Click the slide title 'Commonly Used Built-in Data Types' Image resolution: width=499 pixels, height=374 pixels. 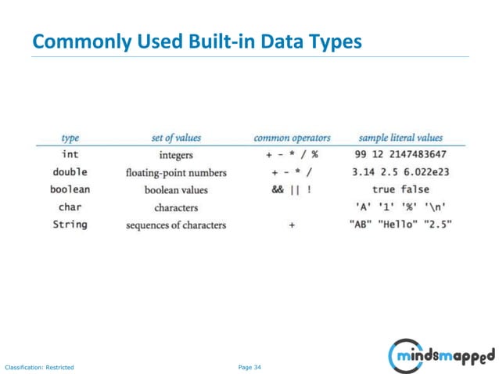[x=197, y=41]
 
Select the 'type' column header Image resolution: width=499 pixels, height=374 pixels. [x=70, y=138]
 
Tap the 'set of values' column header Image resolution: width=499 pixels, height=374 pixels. [x=176, y=138]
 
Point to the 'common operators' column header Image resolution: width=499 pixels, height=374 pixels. [x=292, y=138]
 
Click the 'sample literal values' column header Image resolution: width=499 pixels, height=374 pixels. [x=400, y=138]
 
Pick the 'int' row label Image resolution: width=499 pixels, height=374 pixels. [x=70, y=154]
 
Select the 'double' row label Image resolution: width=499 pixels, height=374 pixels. [x=70, y=171]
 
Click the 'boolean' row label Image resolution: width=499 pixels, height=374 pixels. [x=70, y=189]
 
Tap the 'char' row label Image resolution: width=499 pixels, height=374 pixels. [x=70, y=207]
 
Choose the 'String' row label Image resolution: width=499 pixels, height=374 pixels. [x=70, y=225]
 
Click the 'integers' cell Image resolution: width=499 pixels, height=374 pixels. [x=176, y=155]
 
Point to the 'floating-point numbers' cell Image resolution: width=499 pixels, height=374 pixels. [x=176, y=172]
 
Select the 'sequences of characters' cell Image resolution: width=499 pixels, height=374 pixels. [x=176, y=225]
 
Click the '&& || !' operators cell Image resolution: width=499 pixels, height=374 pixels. [x=292, y=189]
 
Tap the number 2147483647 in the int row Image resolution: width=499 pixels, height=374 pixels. [x=418, y=154]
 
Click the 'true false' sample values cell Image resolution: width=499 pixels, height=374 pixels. [x=400, y=189]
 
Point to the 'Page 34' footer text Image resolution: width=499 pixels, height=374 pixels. [x=249, y=366]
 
